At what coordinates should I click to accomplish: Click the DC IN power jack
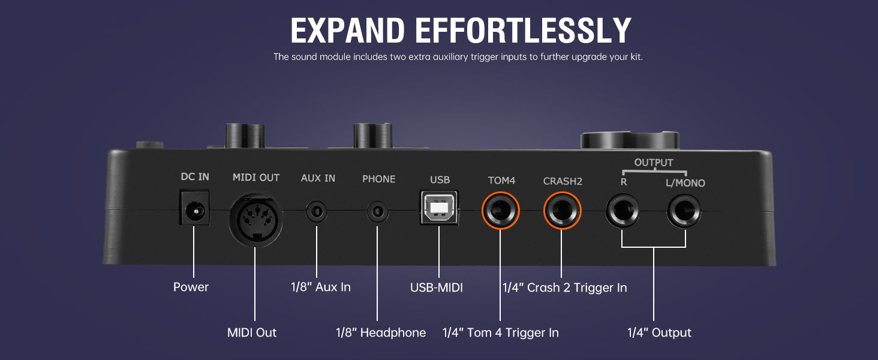click(x=194, y=208)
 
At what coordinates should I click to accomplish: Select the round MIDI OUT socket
click(x=255, y=219)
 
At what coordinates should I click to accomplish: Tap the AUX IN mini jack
click(x=316, y=212)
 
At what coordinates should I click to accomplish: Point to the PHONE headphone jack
click(x=377, y=212)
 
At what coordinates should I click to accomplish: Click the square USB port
click(x=439, y=208)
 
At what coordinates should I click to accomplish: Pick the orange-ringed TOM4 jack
click(x=501, y=211)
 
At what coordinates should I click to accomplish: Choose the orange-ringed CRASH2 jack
click(x=562, y=211)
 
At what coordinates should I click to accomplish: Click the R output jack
click(x=623, y=211)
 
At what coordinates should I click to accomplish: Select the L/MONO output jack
click(x=684, y=211)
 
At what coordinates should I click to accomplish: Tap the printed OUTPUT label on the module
click(x=654, y=163)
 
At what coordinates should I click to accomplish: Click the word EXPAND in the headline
click(x=348, y=30)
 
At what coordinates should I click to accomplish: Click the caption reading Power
click(x=191, y=287)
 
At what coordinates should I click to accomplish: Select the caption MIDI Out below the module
click(x=252, y=332)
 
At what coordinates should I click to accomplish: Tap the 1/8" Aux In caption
click(x=321, y=287)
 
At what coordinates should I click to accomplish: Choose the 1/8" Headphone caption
click(x=381, y=332)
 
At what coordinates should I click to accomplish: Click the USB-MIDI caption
click(x=436, y=287)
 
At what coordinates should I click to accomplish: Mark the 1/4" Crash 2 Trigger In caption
click(x=565, y=287)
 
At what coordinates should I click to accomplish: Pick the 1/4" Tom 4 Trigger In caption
click(x=501, y=332)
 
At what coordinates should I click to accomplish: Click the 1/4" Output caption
click(x=659, y=332)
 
